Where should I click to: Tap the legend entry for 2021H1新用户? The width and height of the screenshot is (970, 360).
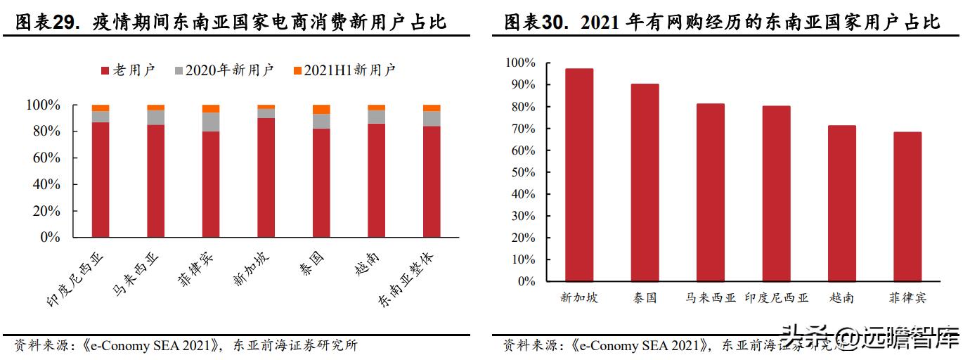pyautogui.click(x=344, y=70)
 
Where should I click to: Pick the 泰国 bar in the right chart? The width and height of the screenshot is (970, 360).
pyautogui.click(x=645, y=182)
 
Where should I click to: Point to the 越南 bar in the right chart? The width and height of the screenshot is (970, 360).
pyautogui.click(x=841, y=203)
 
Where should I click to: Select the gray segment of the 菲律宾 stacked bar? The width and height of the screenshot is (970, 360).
pyautogui.click(x=211, y=122)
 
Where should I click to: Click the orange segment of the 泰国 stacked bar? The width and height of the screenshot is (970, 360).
pyautogui.click(x=321, y=109)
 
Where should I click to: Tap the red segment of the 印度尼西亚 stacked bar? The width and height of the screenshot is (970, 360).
pyautogui.click(x=101, y=179)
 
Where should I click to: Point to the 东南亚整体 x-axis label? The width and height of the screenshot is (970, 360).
pyautogui.click(x=407, y=279)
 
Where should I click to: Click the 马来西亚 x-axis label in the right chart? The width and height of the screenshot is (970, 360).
pyautogui.click(x=710, y=298)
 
